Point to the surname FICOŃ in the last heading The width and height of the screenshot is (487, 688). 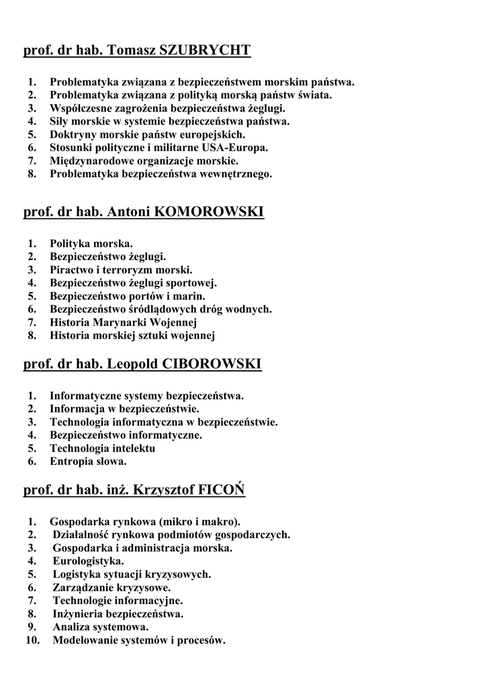point(222,490)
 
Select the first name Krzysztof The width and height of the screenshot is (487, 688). point(164,490)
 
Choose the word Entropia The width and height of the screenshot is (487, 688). point(71,462)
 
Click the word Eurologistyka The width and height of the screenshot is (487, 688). point(88,561)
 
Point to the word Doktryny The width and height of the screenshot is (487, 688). point(72,134)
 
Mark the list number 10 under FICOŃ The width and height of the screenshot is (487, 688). point(31,640)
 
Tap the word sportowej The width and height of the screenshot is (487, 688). point(191,283)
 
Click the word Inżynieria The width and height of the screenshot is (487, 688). point(79,613)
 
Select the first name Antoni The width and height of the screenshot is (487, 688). point(128,212)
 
